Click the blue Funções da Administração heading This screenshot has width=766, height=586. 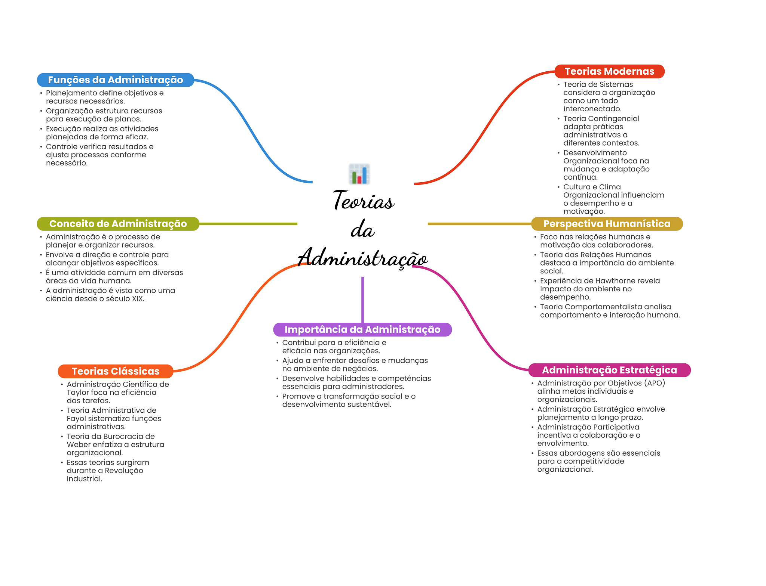[x=115, y=80]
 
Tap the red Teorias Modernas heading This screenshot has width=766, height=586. [x=609, y=71]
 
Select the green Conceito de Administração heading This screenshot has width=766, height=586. [x=118, y=224]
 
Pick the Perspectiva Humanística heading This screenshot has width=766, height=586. [x=607, y=224]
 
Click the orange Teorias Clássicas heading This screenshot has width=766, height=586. [x=116, y=371]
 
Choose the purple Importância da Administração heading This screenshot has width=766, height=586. [x=362, y=329]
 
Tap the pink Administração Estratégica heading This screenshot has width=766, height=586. [x=609, y=370]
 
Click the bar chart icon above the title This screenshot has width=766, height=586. [x=359, y=174]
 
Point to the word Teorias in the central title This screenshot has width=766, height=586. [x=363, y=201]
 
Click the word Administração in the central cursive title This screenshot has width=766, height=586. [x=363, y=258]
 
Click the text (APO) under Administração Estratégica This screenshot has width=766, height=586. [x=655, y=383]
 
